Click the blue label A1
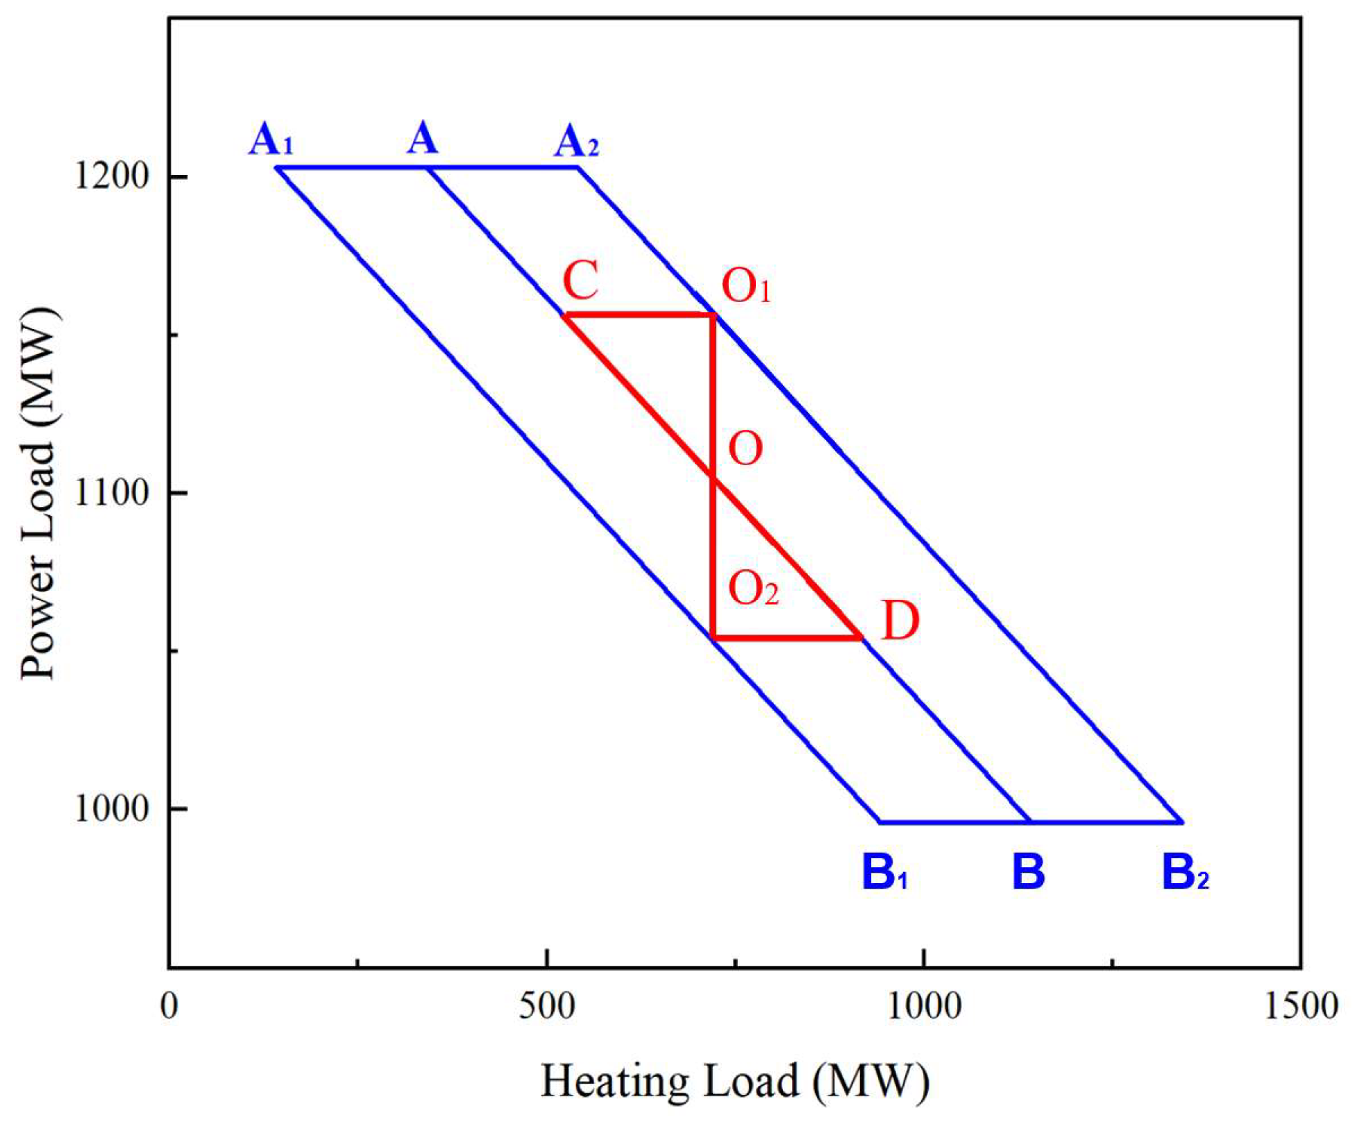(271, 140)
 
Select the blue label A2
(576, 143)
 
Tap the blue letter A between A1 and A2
(423, 138)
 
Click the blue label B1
(884, 872)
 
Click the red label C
(580, 280)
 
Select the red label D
(900, 621)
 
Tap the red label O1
(746, 286)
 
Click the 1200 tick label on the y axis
(112, 176)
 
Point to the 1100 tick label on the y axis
(112, 492)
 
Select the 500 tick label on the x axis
(547, 1006)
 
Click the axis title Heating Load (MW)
(735, 1081)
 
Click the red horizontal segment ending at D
(787, 637)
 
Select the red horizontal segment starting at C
(639, 315)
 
